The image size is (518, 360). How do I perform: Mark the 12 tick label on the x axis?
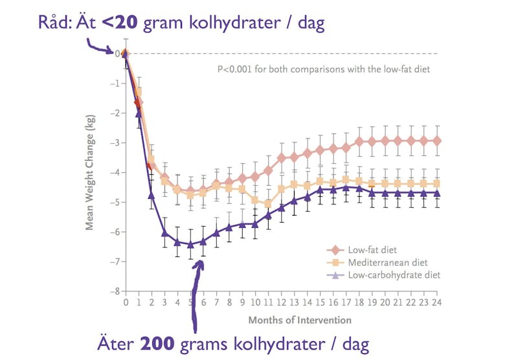tap(282, 302)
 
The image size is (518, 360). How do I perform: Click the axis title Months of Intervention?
tap(300, 320)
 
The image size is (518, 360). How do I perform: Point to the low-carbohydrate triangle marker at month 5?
tap(191, 244)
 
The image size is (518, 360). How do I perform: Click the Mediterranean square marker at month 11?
tap(268, 204)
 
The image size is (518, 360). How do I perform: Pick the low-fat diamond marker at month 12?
tap(282, 157)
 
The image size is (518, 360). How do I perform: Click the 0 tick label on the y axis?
tap(117, 54)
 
